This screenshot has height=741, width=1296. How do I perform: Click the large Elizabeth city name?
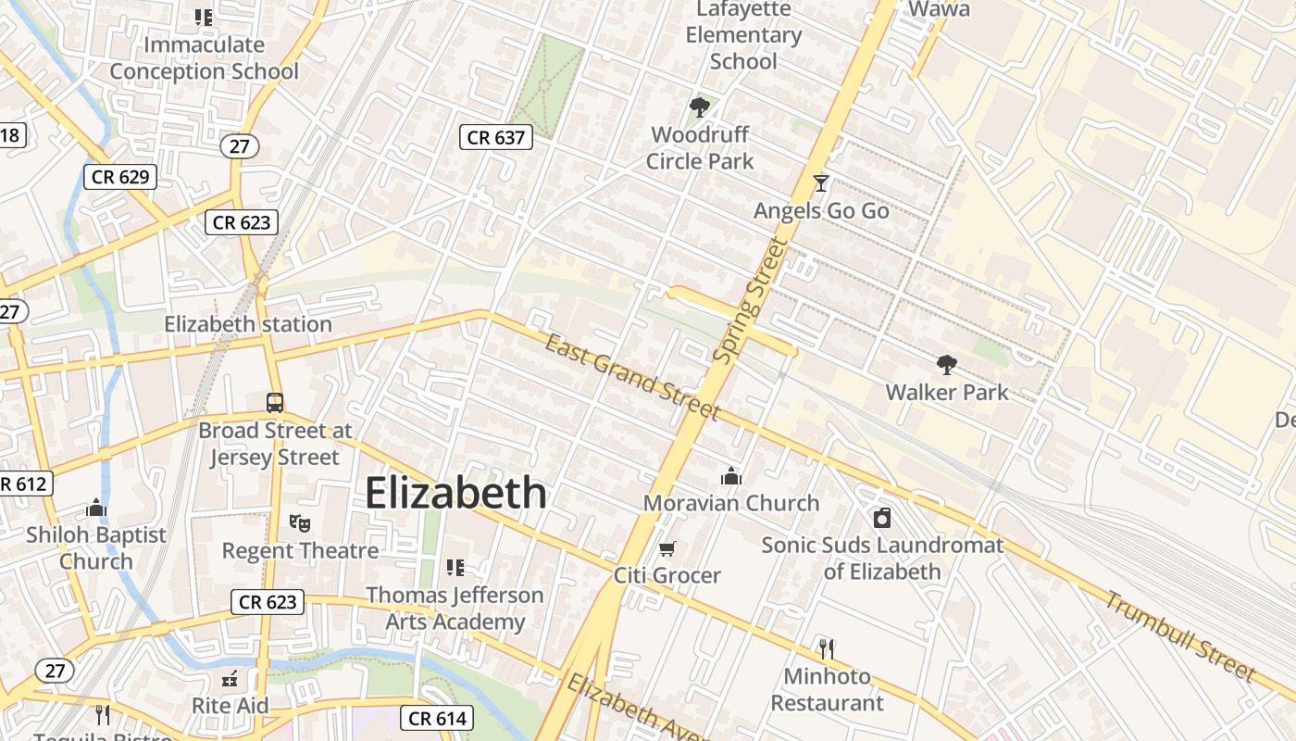[455, 493]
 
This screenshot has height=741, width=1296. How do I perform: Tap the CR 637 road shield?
[495, 138]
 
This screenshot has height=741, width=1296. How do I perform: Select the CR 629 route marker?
[120, 177]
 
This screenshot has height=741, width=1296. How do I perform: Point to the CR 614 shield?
[439, 718]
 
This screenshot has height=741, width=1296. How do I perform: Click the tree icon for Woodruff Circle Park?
[700, 107]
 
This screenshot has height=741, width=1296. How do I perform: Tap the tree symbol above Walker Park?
[946, 365]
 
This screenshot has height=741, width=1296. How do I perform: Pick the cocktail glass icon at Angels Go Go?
[820, 183]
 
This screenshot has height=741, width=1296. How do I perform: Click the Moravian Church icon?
[731, 476]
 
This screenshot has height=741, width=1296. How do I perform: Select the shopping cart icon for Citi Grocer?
[667, 548]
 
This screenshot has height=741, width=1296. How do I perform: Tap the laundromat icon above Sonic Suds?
[882, 518]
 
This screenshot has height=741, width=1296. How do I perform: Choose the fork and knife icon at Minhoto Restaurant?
[827, 649]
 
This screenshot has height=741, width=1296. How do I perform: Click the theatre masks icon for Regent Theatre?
[299, 523]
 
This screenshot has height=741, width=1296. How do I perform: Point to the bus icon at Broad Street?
[275, 403]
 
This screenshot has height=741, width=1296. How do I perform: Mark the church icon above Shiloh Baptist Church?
[96, 508]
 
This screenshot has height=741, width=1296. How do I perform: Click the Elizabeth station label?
[248, 324]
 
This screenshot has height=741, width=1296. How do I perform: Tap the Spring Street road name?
[751, 301]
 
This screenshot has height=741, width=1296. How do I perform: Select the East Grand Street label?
[632, 377]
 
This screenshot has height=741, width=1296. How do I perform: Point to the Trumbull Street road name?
[1179, 636]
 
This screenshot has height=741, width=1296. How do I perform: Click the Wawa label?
[939, 9]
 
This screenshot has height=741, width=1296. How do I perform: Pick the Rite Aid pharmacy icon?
[231, 679]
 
